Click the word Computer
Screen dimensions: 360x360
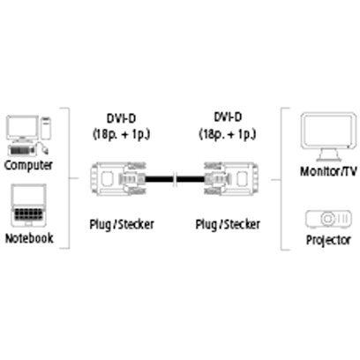tap(28, 165)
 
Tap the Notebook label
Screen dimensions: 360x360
tap(29, 238)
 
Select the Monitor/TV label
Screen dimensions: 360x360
tap(328, 171)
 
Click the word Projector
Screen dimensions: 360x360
tap(328, 240)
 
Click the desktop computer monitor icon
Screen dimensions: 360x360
tap(23, 129)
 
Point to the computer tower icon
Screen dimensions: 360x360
tap(46, 128)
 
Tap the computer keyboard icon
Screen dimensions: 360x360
tap(21, 150)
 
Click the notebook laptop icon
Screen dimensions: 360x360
tap(28, 206)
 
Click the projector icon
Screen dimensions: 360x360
tap(328, 219)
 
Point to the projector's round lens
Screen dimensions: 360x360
tap(327, 219)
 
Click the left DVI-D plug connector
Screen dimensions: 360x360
tap(118, 178)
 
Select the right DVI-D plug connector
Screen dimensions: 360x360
tap(231, 178)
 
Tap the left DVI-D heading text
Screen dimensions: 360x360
tap(121, 118)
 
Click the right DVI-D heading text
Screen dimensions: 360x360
tap(228, 117)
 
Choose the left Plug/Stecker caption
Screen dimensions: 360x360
tap(122, 224)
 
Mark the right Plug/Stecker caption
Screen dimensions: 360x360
tap(228, 224)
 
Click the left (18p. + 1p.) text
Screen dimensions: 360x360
tap(122, 134)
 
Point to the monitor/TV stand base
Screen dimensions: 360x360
tap(328, 155)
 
